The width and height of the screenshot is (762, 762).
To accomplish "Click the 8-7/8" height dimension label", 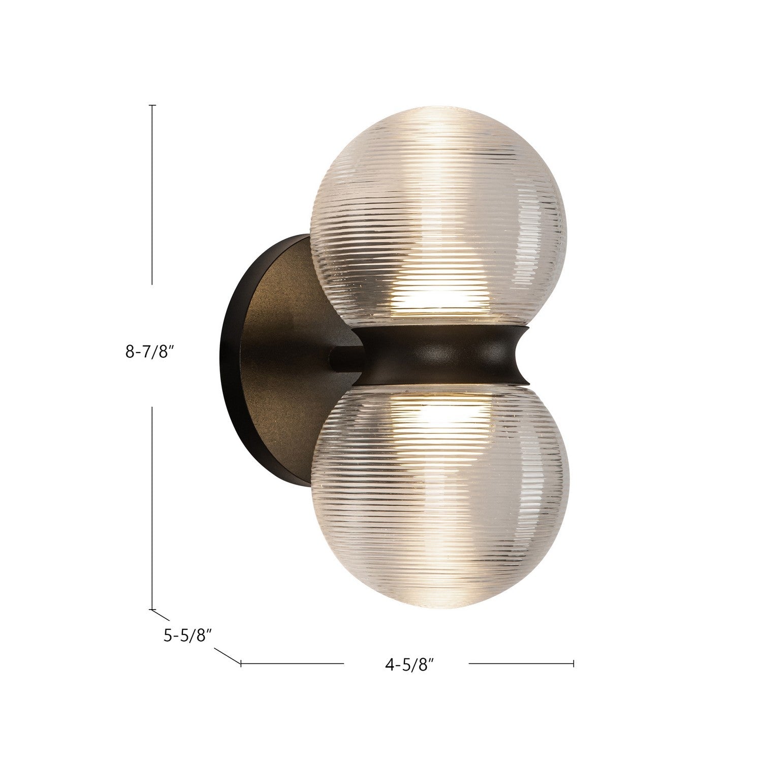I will (146, 352).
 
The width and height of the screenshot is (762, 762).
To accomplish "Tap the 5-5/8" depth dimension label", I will (187, 635).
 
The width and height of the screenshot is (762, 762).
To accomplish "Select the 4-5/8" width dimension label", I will (405, 664).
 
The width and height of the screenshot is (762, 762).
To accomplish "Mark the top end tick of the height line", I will (152, 106).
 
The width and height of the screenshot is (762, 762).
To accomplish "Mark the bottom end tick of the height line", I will (152, 609).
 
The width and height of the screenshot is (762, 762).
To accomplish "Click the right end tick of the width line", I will (574, 663).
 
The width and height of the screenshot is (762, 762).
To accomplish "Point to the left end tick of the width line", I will (241, 663).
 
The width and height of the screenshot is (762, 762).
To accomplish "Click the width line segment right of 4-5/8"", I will (521, 663).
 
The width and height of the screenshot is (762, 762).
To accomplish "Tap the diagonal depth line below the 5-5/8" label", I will (227, 655).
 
